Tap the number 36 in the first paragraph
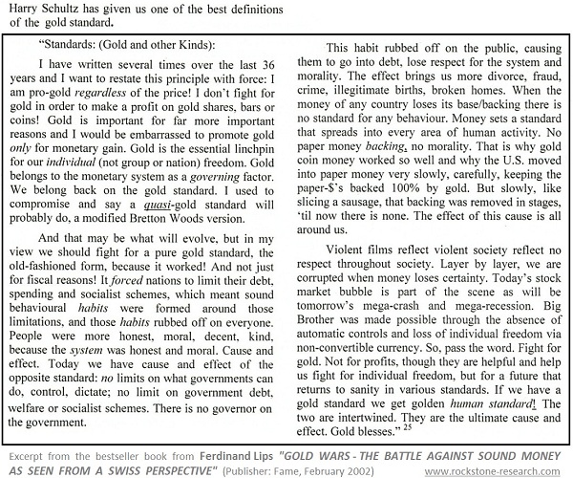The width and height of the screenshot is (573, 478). point(268,66)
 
